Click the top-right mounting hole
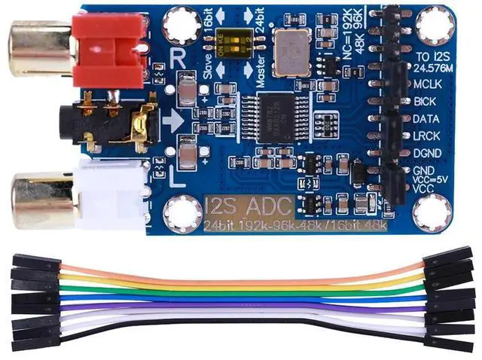click(434, 27)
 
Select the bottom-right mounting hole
click(434, 212)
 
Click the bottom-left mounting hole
click(183, 214)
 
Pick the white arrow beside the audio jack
click(171, 120)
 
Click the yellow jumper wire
click(241, 282)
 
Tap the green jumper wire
click(241, 291)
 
